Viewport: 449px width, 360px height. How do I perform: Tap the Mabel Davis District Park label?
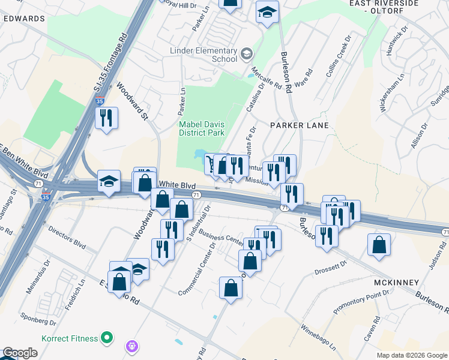pos(201,128)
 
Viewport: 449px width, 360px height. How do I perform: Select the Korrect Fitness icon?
pos(107,338)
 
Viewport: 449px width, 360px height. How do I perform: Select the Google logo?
pos(19,353)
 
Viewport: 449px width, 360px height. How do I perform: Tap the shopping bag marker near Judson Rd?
pos(379,245)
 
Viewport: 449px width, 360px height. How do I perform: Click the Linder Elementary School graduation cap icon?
pos(246,55)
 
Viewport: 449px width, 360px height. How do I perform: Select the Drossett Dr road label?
pos(331,268)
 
